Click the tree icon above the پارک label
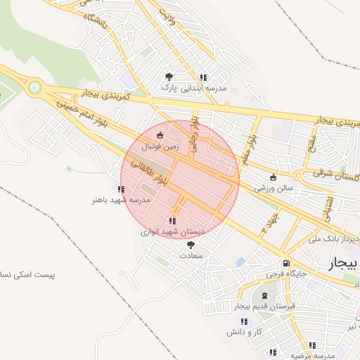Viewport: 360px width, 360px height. pyautogui.click(x=168, y=77)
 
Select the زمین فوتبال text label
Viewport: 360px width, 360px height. pyautogui.click(x=161, y=147)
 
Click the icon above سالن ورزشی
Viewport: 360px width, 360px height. pyautogui.click(x=274, y=177)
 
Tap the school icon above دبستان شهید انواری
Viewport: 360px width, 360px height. pyautogui.click(x=172, y=221)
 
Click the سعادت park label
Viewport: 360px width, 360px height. pyautogui.click(x=191, y=256)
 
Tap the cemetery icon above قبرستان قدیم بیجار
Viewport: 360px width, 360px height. pyautogui.click(x=264, y=295)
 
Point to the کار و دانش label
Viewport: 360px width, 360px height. pyautogui.click(x=248, y=331)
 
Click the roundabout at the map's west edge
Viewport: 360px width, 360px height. pyautogui.click(x=34, y=89)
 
